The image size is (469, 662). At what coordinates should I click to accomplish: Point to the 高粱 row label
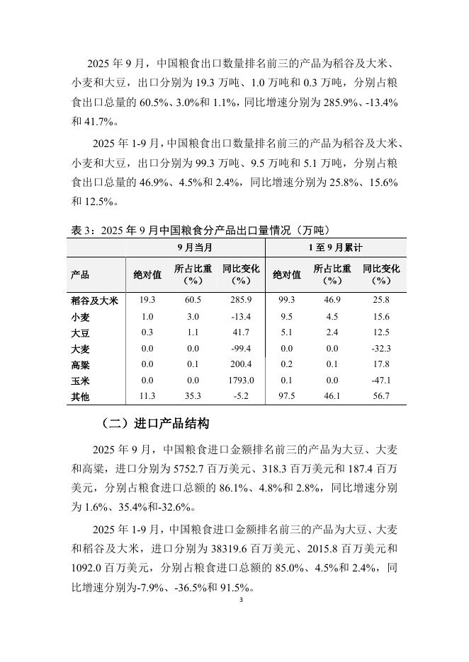click(80, 364)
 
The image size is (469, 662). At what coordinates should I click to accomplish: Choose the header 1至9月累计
click(335, 248)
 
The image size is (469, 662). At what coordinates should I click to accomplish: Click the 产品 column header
click(80, 274)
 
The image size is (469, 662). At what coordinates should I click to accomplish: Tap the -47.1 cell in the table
click(381, 381)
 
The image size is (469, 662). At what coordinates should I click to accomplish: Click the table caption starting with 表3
click(200, 230)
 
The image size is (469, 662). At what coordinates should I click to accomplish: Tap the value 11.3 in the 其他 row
click(147, 396)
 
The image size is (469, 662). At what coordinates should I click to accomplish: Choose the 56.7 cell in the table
click(381, 396)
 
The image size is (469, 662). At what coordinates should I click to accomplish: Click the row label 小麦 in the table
click(80, 316)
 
